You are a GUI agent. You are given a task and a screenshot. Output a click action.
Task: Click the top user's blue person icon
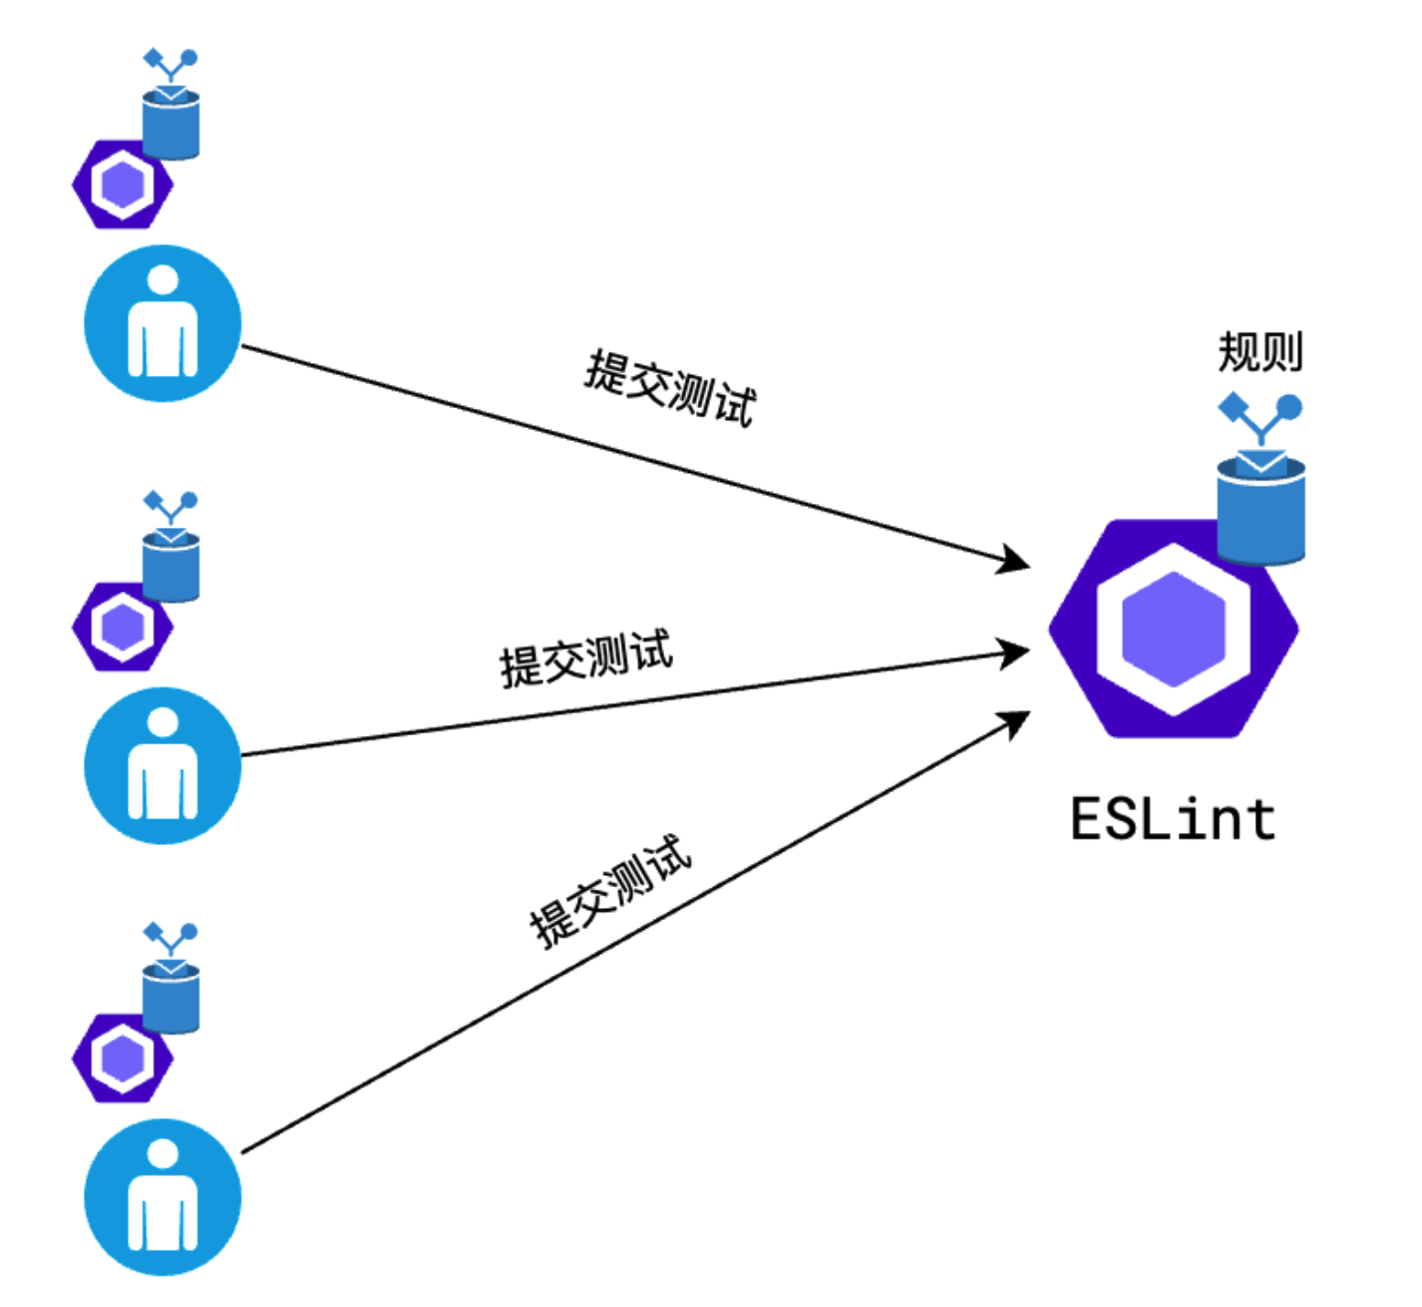163,323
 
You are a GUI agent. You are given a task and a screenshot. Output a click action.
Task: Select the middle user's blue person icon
163,766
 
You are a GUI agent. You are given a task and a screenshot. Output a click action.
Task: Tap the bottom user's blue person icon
163,1197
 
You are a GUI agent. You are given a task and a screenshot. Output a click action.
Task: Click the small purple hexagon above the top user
121,185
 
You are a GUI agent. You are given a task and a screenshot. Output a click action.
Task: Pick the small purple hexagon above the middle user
121,628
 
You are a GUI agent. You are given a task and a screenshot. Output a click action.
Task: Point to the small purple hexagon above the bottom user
121,1059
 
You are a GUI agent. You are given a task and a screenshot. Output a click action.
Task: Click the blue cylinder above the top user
172,125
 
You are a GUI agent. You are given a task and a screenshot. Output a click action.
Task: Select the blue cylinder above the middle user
172,567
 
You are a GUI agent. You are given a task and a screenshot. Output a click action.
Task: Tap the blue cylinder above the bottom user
172,998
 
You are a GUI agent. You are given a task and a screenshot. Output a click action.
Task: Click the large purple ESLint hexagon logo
1173,630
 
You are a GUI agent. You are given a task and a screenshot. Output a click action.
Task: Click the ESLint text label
1173,820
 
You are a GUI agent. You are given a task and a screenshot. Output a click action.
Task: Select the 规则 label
1260,352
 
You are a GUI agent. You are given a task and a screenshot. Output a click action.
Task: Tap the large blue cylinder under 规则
1261,510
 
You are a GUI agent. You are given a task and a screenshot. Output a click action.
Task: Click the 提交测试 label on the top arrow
669,388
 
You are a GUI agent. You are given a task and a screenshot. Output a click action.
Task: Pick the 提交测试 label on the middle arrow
586,657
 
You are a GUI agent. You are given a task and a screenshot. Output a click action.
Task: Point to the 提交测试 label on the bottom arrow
610,891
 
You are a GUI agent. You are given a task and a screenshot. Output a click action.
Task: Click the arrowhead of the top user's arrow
1017,561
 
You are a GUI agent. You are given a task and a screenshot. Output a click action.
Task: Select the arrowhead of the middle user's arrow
1017,653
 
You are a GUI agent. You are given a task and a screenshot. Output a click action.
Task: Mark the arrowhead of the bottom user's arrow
1017,721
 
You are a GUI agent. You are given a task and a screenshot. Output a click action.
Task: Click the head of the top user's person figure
163,280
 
